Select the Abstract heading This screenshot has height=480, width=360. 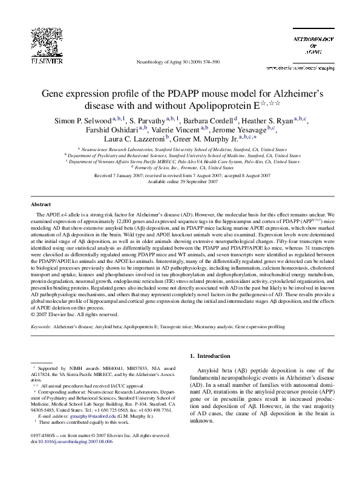(41, 205)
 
